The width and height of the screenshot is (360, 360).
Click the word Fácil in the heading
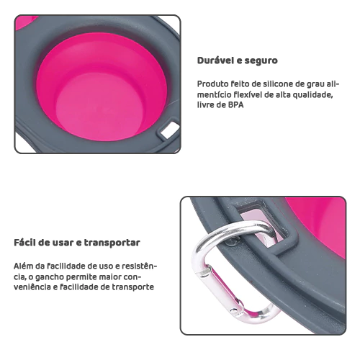tap(24, 243)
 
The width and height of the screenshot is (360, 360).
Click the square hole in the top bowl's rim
tap(170, 130)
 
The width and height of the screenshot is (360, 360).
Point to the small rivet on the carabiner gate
tap(233, 310)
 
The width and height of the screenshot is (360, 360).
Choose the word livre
tap(205, 105)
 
